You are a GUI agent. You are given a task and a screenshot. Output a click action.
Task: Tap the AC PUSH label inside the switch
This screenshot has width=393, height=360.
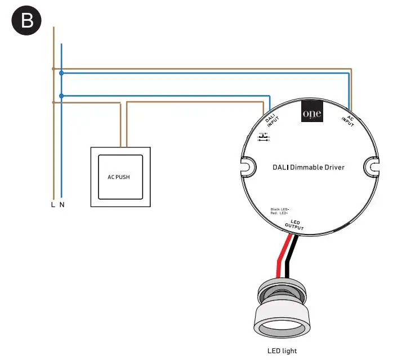[118, 177]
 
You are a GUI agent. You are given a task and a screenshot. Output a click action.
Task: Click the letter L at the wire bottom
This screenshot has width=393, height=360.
[53, 205]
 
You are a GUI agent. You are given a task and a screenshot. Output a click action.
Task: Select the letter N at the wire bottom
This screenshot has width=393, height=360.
[62, 205]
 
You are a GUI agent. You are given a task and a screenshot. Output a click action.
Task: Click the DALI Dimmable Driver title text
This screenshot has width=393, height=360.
[308, 168]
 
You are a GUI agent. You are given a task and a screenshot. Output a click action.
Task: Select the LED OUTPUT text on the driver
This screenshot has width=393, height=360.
[294, 226]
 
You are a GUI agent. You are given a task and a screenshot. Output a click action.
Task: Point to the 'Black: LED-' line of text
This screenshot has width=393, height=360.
[280, 209]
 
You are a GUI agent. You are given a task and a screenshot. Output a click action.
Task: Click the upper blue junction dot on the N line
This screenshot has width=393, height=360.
[61, 73]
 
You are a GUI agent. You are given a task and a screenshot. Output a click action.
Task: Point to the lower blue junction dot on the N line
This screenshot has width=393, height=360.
[61, 96]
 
